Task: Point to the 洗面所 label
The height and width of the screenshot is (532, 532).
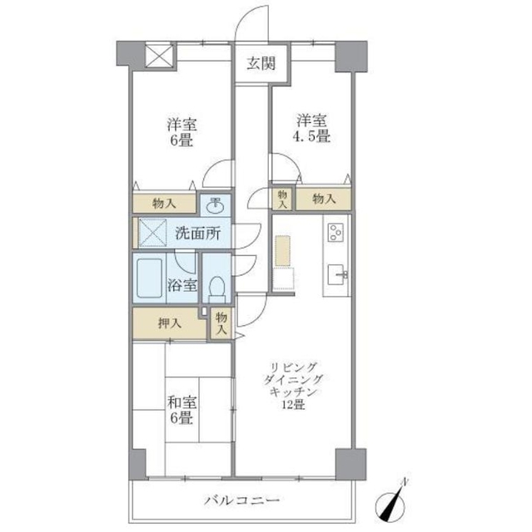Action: tap(196, 234)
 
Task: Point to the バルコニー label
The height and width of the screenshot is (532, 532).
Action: tap(241, 501)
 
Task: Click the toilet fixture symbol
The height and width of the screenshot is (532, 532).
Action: tap(216, 288)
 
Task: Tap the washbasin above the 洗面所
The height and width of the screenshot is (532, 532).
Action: tap(216, 204)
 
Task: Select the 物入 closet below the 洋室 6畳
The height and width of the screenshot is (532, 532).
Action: tap(164, 203)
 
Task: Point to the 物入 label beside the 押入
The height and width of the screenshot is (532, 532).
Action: tap(221, 323)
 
